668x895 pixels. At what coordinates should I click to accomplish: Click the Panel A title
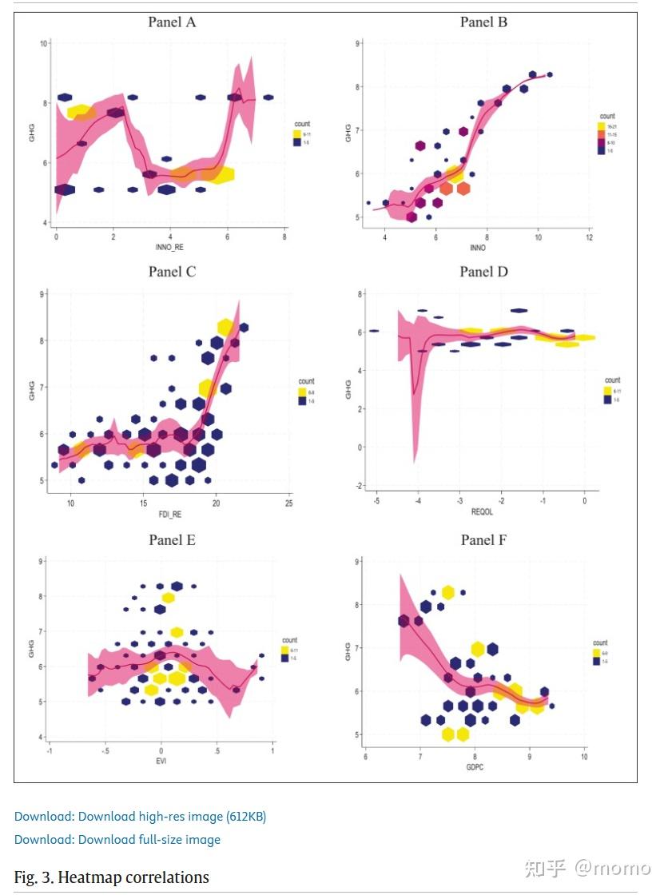coord(172,22)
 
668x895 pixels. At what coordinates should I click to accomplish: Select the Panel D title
coord(483,272)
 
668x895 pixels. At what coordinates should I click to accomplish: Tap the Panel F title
coord(483,540)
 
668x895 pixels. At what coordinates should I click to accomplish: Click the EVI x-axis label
coord(161,761)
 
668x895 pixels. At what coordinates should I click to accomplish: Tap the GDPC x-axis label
coord(475,766)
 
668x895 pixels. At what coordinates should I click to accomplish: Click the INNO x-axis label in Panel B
coord(478,248)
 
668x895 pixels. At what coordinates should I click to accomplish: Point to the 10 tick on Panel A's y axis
coord(42,42)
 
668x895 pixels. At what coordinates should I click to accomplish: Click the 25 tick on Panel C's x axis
coord(288,503)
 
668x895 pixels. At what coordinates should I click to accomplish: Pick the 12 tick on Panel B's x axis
coord(589,238)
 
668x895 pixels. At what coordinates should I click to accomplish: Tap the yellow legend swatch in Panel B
coord(602,126)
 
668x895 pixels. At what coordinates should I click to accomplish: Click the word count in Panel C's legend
coord(306,381)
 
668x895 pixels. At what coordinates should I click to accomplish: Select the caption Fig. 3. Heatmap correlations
coord(112,877)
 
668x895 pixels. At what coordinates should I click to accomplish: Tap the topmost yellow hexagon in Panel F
coord(448,592)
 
